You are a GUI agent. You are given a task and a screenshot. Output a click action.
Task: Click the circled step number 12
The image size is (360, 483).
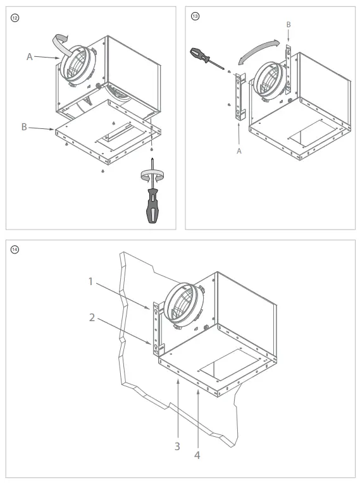click(13, 15)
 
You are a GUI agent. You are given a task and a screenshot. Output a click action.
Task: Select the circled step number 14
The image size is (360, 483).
click(13, 248)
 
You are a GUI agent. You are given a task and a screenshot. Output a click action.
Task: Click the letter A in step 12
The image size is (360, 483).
click(29, 56)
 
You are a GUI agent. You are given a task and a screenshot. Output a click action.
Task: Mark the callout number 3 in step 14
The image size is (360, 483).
click(178, 446)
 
